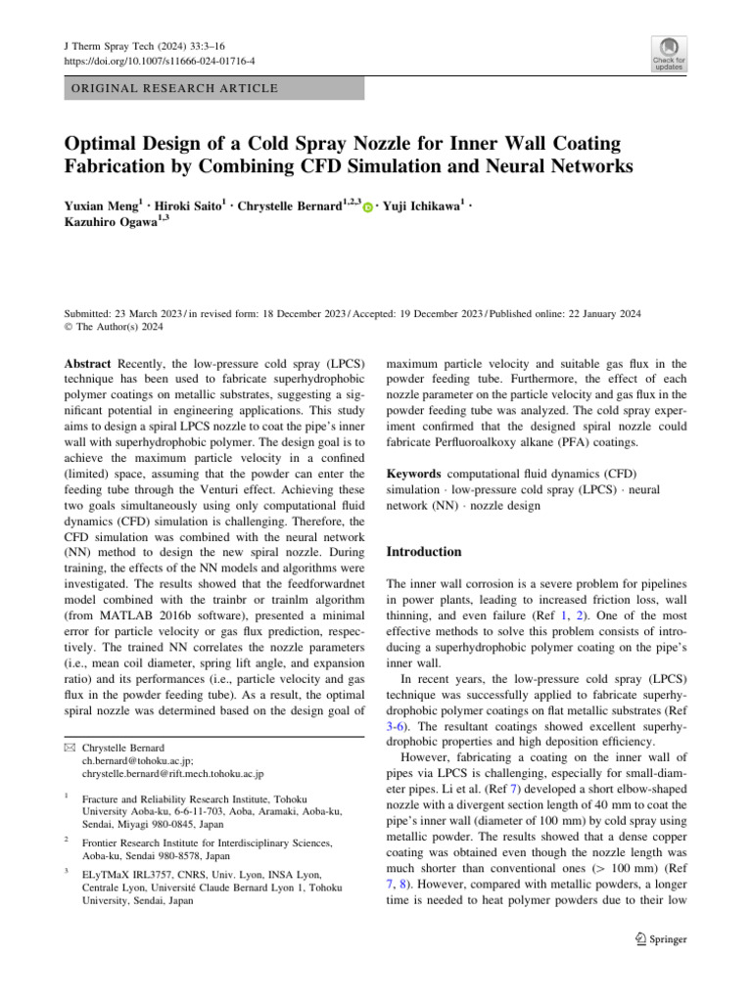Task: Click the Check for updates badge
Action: [x=669, y=55]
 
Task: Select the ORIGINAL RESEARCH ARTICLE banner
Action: [x=213, y=89]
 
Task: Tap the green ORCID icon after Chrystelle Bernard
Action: [x=366, y=206]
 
